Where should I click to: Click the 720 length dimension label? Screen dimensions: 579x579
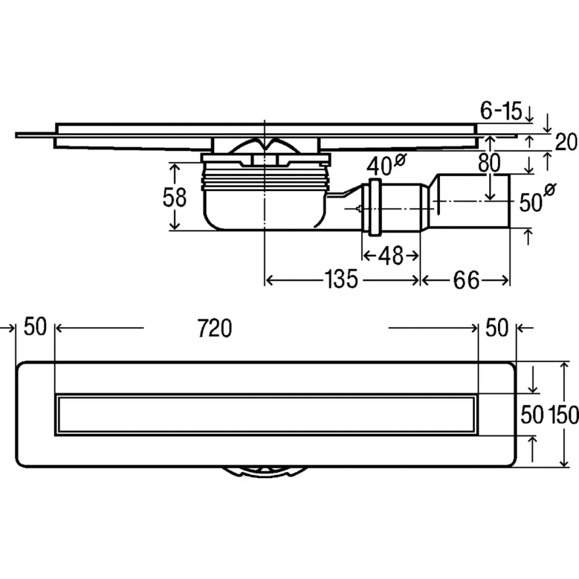215,328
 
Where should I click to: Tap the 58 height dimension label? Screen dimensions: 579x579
175,197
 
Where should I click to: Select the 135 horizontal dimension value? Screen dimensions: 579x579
342,279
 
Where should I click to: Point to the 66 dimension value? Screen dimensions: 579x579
466,280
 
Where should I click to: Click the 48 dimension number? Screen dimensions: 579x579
391,255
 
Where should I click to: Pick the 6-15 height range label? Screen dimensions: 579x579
501,110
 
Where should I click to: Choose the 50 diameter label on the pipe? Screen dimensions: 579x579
537,199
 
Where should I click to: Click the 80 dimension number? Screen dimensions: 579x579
489,163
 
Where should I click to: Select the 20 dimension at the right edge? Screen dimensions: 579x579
566,142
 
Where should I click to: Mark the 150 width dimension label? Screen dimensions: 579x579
563,415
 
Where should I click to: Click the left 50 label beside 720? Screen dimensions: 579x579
35,327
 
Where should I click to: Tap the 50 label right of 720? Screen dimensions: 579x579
497,327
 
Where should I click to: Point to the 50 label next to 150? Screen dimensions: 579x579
532,415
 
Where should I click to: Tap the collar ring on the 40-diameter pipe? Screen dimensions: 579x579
374,207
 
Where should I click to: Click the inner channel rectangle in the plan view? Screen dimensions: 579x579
266,415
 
